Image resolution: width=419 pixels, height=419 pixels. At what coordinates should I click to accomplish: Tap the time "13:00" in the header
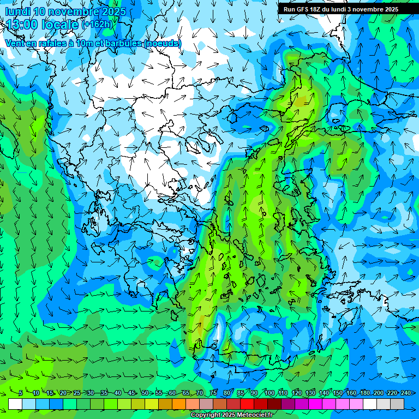pos(24,25)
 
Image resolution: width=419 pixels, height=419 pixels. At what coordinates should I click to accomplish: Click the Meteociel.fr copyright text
pos(232,415)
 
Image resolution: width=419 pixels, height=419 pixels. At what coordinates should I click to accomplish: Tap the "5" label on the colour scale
pos(20,393)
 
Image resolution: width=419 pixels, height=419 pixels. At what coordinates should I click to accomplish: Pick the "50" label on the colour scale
pos(145,393)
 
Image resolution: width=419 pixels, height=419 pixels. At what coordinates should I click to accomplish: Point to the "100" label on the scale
pos(270,393)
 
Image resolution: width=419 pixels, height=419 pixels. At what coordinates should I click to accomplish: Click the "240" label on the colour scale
pos(406,393)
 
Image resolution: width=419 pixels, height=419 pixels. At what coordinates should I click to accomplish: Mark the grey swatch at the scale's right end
pos(398,404)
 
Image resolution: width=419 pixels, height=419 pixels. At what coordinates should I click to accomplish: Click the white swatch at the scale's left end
pos(15,404)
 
